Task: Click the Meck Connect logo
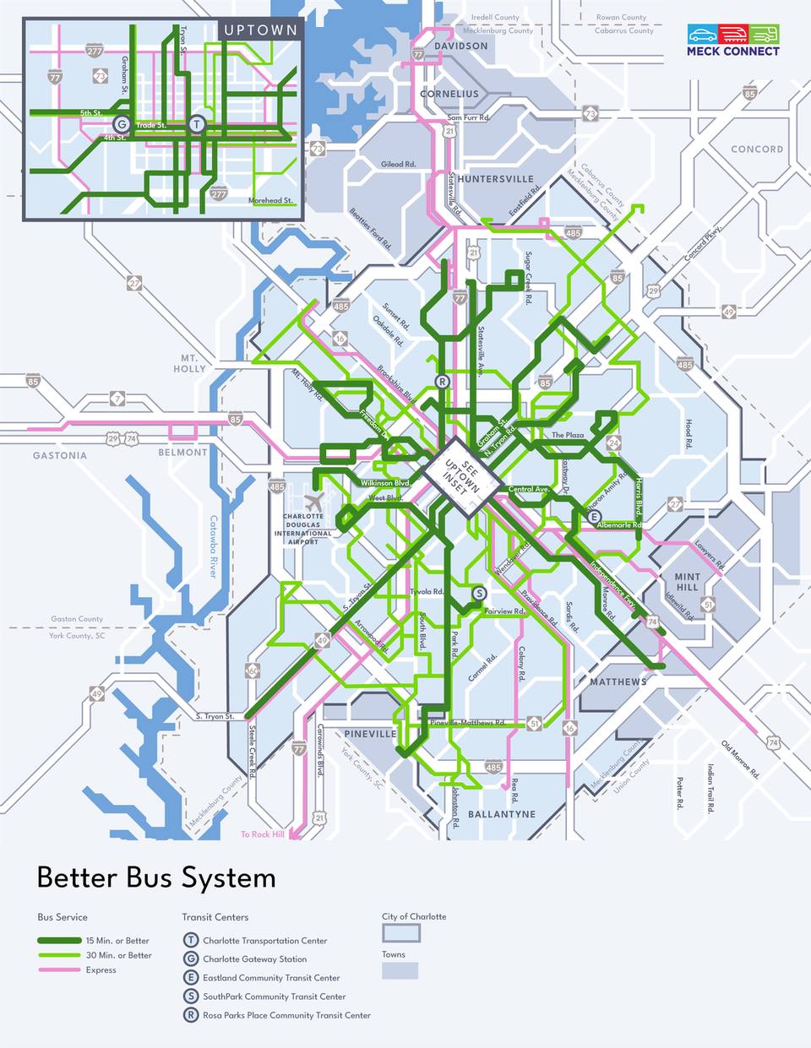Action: coord(732,40)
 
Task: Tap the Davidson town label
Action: coord(460,46)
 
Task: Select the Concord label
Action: coord(757,149)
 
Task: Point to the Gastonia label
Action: coord(60,455)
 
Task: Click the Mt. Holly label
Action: coord(189,363)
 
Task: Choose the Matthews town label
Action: coord(618,681)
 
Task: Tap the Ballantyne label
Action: coord(502,814)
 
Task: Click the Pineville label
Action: coord(371,734)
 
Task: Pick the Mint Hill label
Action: coord(687,582)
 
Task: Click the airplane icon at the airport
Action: coord(313,501)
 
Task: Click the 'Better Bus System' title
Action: coord(156,878)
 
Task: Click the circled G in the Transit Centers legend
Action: coord(191,959)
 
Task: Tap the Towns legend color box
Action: coord(400,971)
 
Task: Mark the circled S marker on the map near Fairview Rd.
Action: coord(479,593)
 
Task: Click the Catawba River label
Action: coord(213,546)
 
